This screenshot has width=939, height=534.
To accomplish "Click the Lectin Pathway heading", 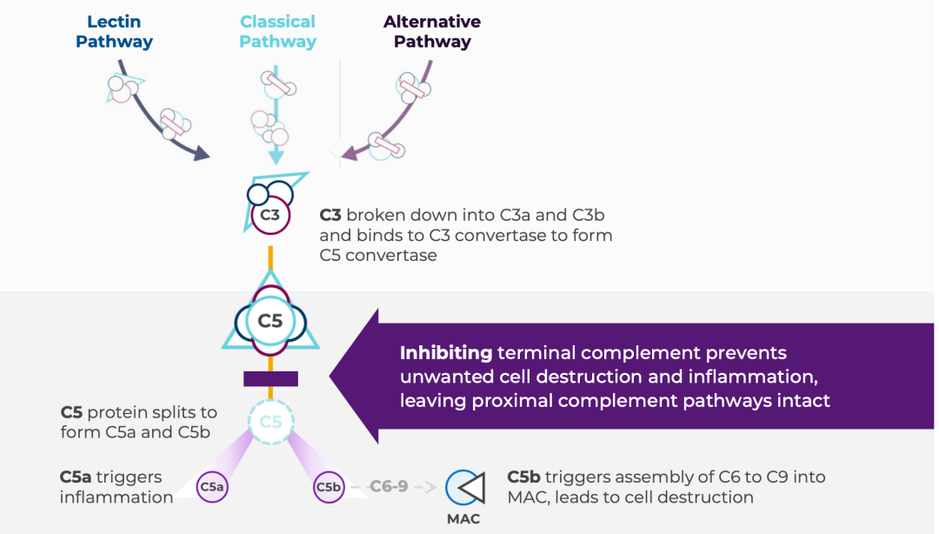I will point(114,32).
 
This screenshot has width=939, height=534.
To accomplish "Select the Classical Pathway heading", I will point(278,32).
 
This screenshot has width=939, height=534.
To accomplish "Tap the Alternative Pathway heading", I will point(432,32).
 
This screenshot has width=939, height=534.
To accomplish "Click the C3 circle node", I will point(270,214).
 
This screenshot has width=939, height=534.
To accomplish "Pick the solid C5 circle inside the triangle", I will point(270,321).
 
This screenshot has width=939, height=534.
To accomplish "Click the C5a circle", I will point(212,488).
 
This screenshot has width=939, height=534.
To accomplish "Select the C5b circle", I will point(329,488).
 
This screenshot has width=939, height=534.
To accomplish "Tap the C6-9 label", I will point(389,487).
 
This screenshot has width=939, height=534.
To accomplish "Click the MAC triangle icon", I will point(465,488).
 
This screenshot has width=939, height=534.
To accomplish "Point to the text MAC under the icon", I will point(463,519).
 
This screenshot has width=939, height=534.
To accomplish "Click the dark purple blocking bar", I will point(270,378).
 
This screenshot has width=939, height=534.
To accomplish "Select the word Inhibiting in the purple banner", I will point(446,353).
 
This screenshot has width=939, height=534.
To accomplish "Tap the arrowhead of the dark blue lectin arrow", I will point(202,154).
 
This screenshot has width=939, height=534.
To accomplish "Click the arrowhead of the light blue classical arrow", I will point(276,157).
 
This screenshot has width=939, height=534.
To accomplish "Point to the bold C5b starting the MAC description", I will point(524,477).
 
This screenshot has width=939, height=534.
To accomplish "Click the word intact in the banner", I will point(804,401).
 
